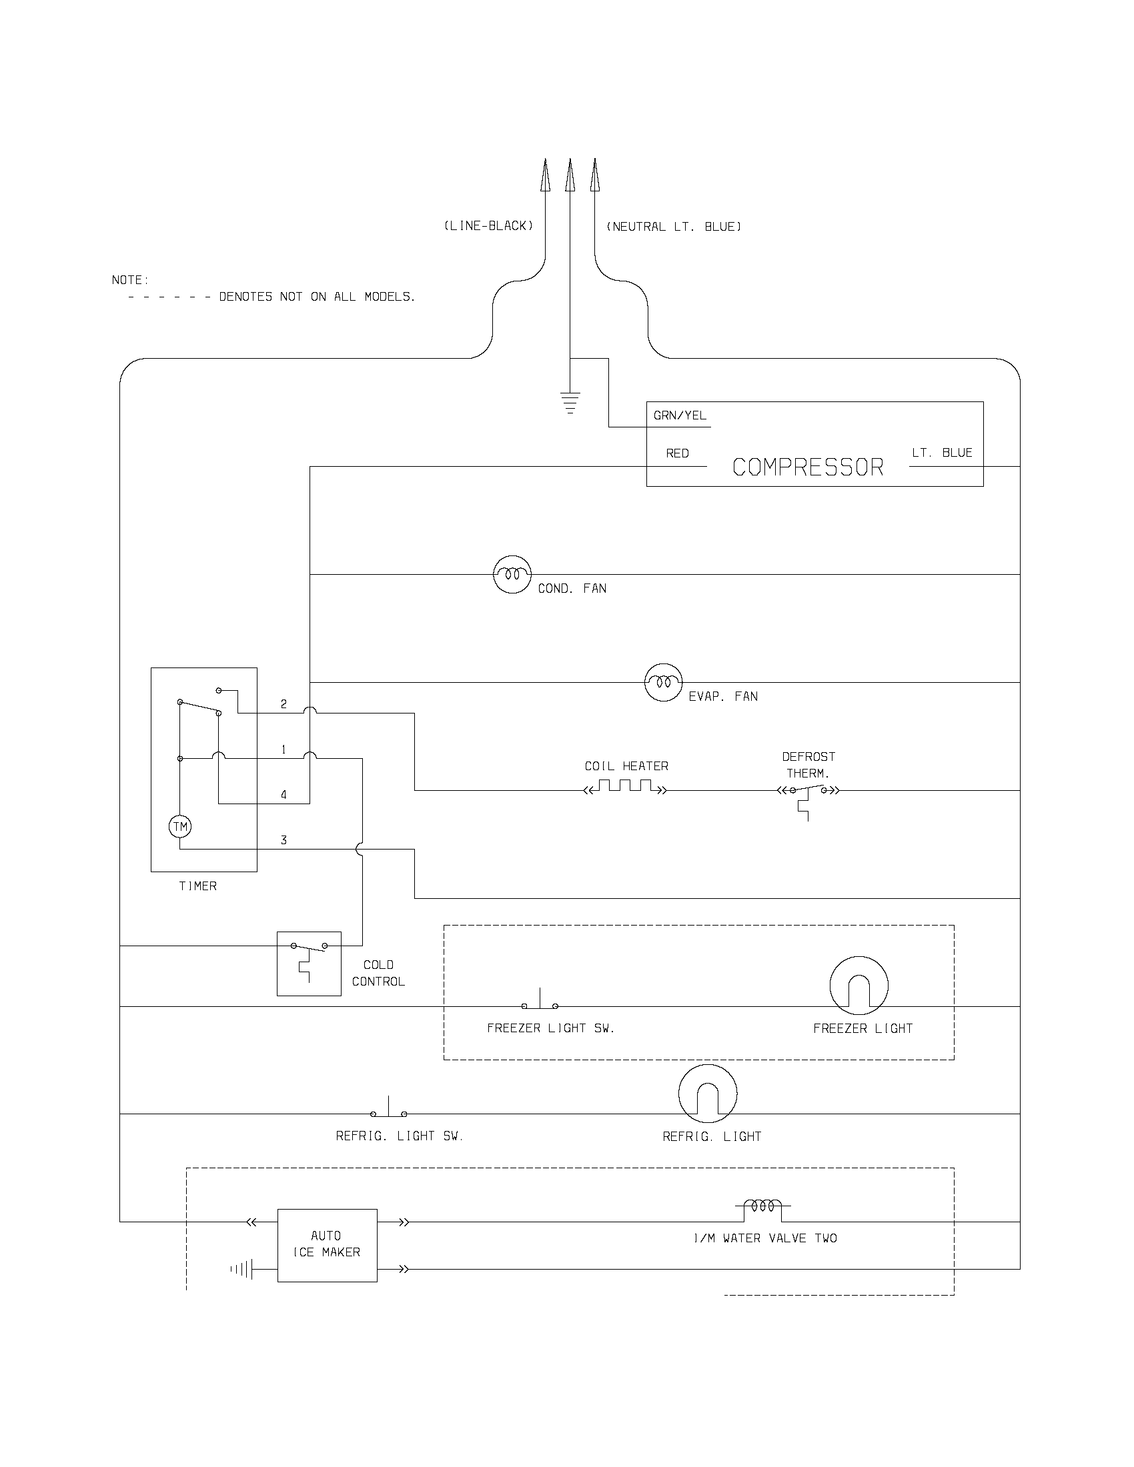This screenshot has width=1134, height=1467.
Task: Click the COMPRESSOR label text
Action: coord(808,467)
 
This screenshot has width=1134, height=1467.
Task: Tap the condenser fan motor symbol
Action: coord(512,574)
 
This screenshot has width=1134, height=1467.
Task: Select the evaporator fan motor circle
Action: coord(663,681)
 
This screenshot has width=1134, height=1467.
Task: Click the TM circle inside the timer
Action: coord(180,826)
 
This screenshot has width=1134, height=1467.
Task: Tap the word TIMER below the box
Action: coord(197,887)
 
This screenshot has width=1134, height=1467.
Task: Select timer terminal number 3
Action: coord(283,840)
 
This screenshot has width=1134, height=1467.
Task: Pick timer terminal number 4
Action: coord(283,795)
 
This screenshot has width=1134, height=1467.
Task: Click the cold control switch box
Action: coord(309,964)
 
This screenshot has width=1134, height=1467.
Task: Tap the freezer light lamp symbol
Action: coord(859,986)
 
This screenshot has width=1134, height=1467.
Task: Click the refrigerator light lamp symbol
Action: coord(707,1093)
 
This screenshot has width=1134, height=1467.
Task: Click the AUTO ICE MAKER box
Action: coord(327,1245)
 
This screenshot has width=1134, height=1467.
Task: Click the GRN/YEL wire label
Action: coord(680,416)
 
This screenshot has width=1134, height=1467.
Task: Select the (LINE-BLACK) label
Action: coord(488,226)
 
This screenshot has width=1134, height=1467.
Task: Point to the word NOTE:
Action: coord(130,280)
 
